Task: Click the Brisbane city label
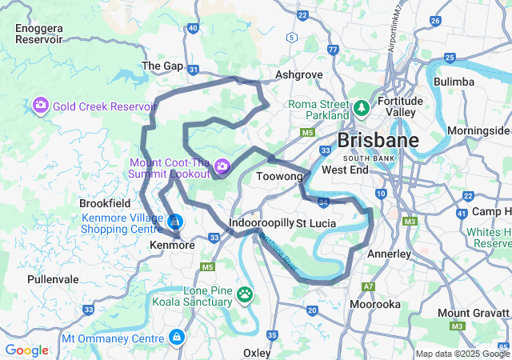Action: tap(378, 141)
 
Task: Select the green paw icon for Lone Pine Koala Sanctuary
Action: tap(244, 296)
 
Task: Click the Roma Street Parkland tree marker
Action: tap(362, 106)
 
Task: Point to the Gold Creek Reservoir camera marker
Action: tap(40, 106)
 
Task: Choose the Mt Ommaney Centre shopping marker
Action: tap(175, 338)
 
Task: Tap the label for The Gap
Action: tap(162, 66)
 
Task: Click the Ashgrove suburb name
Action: tap(298, 74)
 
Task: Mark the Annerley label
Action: tap(389, 254)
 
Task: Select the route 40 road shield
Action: tap(193, 28)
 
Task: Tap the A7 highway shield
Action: tap(369, 286)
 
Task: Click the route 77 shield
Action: tap(333, 50)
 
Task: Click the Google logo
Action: tap(26, 350)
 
